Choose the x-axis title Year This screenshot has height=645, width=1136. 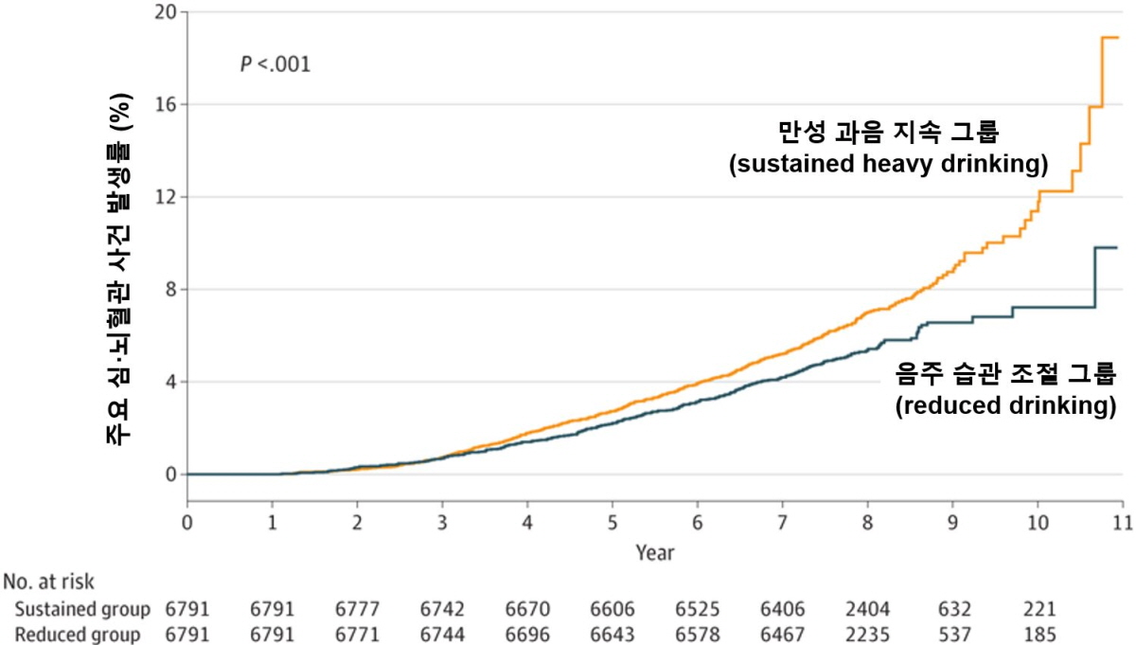click(x=655, y=551)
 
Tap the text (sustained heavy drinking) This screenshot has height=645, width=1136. click(x=888, y=164)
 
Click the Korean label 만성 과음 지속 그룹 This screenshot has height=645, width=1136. click(x=889, y=131)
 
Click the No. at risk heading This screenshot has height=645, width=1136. click(x=49, y=581)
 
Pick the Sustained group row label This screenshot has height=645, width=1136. click(x=82, y=608)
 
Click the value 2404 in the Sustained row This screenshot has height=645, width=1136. click(x=867, y=608)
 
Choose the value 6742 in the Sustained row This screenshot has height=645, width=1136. click(x=442, y=608)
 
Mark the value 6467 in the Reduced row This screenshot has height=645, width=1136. click(x=782, y=635)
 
